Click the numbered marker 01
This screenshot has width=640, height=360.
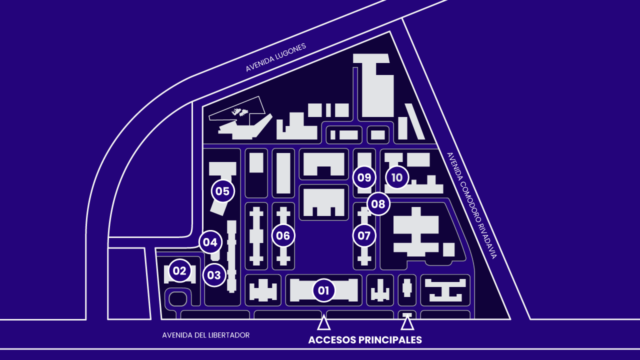323,290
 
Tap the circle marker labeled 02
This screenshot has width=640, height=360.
179,271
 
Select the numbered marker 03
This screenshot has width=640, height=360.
214,275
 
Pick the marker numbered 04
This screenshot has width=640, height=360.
210,242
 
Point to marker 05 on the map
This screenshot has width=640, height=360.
222,190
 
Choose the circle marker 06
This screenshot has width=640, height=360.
283,235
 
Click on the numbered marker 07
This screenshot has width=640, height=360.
364,235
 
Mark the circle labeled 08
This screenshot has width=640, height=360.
378,204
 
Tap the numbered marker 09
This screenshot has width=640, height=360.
364,177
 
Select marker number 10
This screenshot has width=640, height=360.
397,177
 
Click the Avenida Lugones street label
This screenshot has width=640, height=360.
275,57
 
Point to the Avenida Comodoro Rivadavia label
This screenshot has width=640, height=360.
471,205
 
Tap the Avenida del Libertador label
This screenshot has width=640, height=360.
205,335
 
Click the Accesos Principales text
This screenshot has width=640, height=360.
365,340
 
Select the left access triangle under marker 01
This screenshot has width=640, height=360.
324,323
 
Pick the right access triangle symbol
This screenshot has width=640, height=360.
407,323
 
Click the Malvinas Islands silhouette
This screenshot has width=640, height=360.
240,112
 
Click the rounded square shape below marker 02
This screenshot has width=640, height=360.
178,299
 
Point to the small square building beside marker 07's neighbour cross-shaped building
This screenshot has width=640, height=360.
448,249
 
